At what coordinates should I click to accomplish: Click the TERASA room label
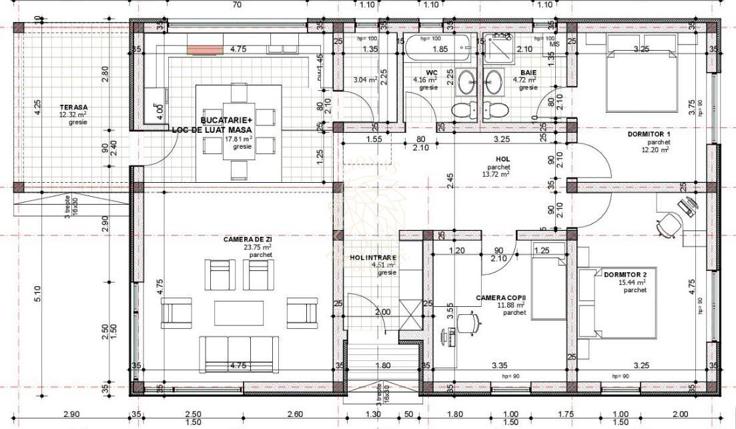73,107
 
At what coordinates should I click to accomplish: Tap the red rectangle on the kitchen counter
204,49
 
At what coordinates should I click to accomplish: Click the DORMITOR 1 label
648,134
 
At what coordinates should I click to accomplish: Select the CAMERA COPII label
501,297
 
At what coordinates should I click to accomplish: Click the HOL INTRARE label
373,258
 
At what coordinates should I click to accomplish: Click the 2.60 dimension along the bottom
294,414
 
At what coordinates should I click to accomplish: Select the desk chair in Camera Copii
471,322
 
